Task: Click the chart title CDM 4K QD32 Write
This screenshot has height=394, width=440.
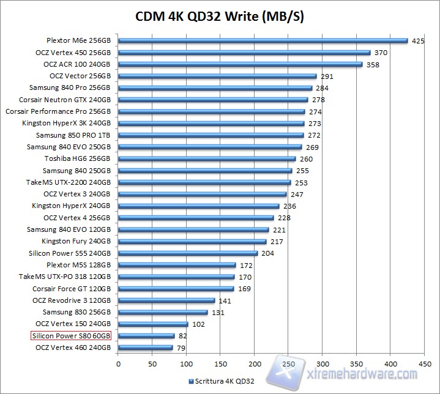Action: (220, 17)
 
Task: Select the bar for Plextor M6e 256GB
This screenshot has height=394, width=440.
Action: (263, 41)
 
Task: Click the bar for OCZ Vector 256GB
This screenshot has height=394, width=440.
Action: (217, 76)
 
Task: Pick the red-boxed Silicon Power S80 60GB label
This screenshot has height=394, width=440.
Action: (71, 335)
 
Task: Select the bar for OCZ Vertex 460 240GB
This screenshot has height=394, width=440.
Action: (145, 348)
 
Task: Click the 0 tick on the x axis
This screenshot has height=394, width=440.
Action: (118, 363)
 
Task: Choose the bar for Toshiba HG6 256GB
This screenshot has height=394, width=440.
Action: (206, 159)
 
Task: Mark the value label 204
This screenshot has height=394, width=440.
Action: (267, 253)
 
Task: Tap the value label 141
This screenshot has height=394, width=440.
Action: (225, 300)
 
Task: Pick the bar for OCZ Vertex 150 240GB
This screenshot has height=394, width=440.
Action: (153, 324)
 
